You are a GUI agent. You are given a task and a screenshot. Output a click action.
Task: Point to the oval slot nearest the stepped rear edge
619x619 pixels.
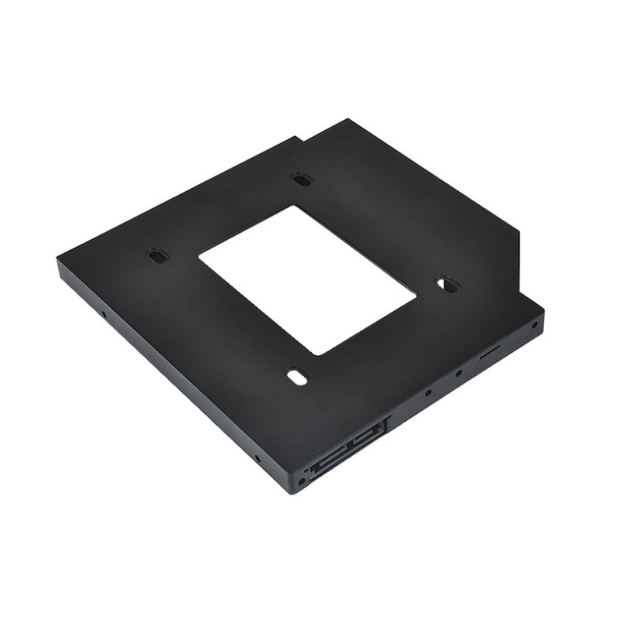click(301, 180)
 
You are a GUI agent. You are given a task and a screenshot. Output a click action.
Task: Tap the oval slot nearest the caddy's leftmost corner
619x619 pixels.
click(157, 255)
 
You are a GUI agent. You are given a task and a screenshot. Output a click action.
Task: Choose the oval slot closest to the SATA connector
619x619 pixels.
click(296, 378)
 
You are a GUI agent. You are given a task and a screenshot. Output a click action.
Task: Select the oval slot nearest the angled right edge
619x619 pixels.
click(446, 285)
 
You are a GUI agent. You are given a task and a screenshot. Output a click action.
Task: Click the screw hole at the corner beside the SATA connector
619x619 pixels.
click(301, 481)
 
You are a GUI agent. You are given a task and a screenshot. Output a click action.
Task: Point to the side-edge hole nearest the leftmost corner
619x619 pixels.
click(104, 315)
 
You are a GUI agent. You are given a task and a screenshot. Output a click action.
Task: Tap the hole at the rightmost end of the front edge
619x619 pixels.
click(534, 325)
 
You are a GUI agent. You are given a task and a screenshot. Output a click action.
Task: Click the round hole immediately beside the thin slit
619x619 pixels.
click(460, 374)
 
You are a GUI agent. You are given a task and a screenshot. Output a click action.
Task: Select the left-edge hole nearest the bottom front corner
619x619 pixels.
click(257, 458)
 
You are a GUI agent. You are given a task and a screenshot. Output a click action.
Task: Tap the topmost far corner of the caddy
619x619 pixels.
click(349, 120)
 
